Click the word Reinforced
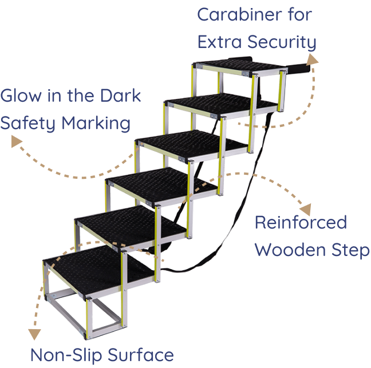pos(300,222)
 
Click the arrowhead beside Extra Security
pos(311,58)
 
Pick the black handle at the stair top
pos(299,69)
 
